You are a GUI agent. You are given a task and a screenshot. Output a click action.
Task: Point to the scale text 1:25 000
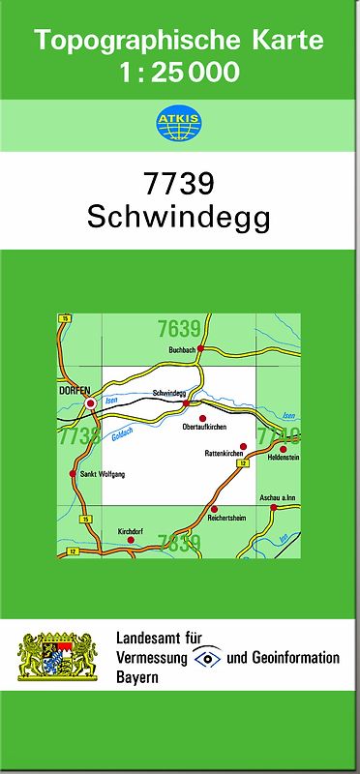click(179, 73)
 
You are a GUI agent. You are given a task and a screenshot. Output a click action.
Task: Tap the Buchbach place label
click(182, 349)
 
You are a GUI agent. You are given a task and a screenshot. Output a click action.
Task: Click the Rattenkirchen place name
click(224, 453)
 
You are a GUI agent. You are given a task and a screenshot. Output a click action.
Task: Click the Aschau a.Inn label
click(276, 497)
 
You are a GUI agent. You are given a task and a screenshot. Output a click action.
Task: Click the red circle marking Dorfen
click(91, 402)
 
